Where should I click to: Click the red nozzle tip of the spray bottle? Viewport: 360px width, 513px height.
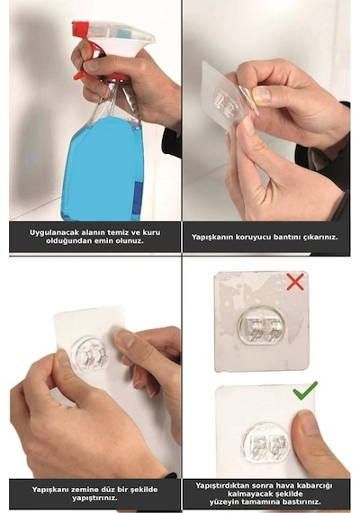click(x=79, y=28)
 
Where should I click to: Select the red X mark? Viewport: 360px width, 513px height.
click(x=295, y=282)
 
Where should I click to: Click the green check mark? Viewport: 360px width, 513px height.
click(x=305, y=391)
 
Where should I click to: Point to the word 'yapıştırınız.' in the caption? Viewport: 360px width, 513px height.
click(x=94, y=499)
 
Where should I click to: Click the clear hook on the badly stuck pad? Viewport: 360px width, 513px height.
click(x=261, y=325)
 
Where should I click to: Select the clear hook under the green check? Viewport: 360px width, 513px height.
click(x=266, y=443)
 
